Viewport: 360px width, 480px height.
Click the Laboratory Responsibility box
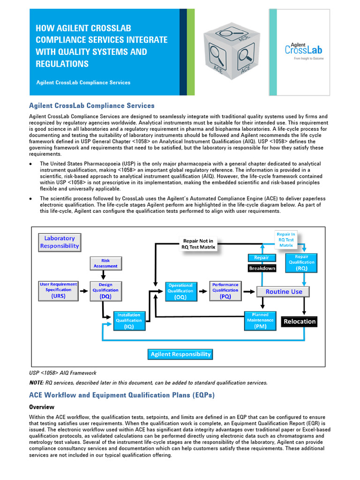(60, 242)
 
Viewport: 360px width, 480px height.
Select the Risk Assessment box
(105, 263)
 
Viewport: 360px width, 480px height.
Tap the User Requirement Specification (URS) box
(59, 290)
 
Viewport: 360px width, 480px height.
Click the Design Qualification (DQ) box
(105, 291)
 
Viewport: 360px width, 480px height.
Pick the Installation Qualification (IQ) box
(129, 321)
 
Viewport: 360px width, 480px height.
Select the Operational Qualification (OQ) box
(180, 291)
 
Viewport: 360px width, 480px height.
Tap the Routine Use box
(284, 292)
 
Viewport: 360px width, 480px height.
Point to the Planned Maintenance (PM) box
(260, 321)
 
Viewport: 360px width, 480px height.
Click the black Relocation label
(300, 321)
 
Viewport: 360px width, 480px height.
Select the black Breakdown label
(262, 269)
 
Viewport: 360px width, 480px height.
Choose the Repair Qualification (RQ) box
(301, 262)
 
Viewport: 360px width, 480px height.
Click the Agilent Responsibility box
(180, 354)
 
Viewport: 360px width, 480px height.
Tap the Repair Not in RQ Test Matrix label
(199, 244)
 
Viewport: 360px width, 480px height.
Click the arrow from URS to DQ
(83, 291)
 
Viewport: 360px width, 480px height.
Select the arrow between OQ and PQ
(203, 291)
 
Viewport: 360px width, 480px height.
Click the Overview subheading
(42, 407)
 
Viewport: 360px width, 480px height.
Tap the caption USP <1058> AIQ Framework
(63, 373)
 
